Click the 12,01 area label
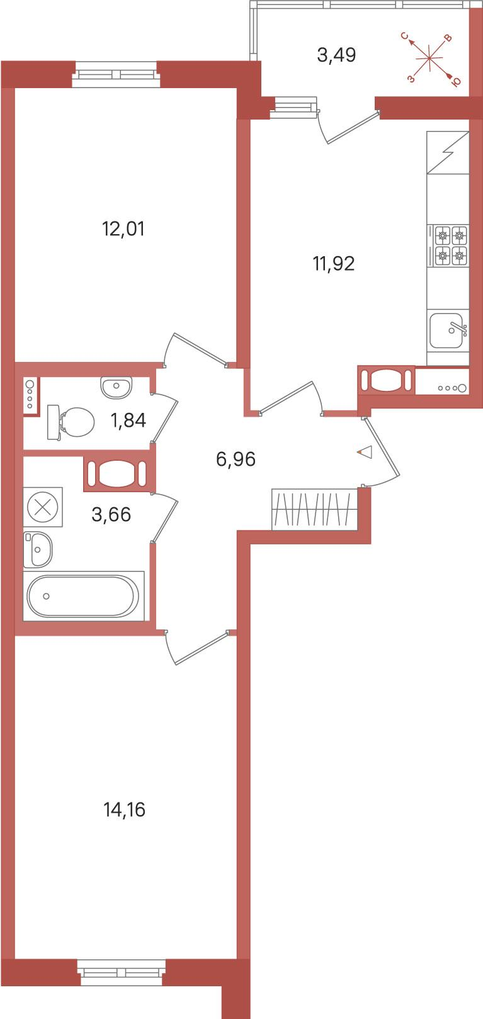tap(123, 229)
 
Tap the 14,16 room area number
tap(124, 810)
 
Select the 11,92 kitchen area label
tap(334, 263)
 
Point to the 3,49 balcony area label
tap(336, 55)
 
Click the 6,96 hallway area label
tap(236, 459)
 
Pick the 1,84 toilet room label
tap(128, 420)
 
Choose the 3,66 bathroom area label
tap(111, 514)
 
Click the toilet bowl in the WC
tap(71, 422)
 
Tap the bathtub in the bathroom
tap(83, 596)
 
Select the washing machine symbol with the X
tap(43, 507)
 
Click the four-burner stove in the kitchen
tap(448, 245)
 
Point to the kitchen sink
tap(448, 330)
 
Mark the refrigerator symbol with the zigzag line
tap(448, 152)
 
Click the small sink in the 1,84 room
tap(116, 387)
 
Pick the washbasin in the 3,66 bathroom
tap(38, 549)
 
